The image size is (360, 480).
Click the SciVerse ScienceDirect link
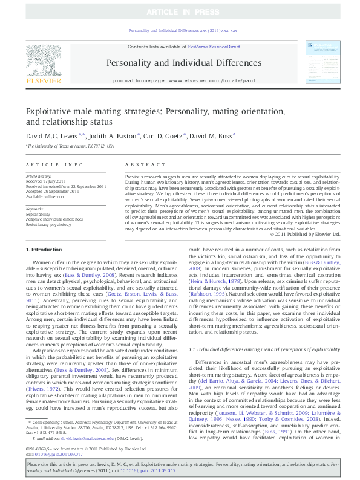[214, 47]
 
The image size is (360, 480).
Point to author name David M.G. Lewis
[55, 138]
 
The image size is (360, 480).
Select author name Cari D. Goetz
[164, 138]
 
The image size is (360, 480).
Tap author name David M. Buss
[211, 138]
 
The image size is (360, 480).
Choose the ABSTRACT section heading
[141, 164]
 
